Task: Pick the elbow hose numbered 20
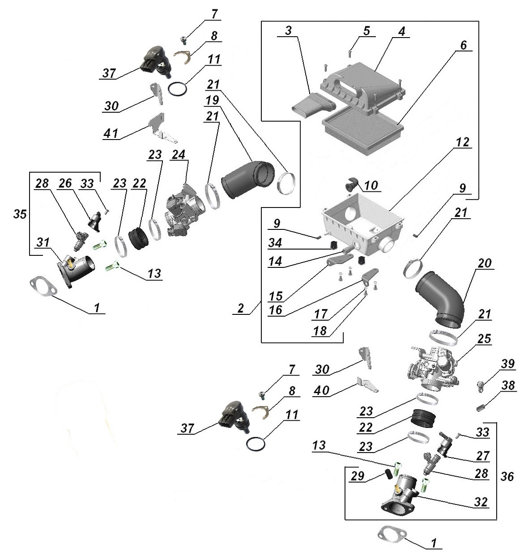[x=441, y=297]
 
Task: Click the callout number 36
[x=507, y=477]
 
